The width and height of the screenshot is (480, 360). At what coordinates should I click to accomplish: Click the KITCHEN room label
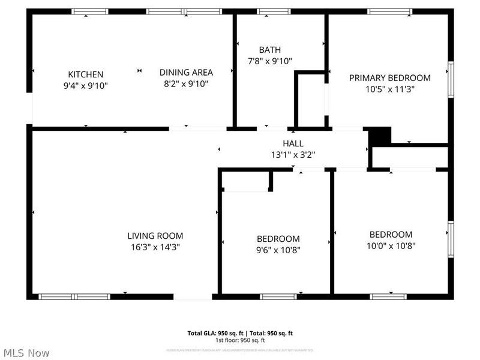click(x=85, y=74)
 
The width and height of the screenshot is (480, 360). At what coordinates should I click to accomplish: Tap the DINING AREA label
click(x=186, y=72)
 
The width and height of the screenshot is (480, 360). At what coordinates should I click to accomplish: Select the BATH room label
click(x=269, y=50)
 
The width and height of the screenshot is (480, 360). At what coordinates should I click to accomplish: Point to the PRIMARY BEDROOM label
click(x=390, y=77)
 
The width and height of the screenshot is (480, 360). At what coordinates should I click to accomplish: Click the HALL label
click(x=293, y=143)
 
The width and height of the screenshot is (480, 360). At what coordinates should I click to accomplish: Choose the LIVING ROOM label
click(x=155, y=236)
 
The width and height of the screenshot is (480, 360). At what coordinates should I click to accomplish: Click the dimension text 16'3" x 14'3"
click(x=155, y=247)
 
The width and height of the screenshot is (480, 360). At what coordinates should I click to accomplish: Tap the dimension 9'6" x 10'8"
click(x=278, y=250)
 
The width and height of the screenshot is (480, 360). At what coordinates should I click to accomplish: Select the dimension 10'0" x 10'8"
click(x=391, y=245)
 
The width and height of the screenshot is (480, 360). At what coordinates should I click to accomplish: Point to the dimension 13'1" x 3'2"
click(x=293, y=154)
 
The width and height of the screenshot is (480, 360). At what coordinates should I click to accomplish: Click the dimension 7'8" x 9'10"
click(x=269, y=61)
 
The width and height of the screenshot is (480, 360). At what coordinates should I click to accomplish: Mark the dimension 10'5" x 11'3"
click(x=390, y=89)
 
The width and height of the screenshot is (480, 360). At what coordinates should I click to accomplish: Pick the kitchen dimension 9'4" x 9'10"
click(x=85, y=85)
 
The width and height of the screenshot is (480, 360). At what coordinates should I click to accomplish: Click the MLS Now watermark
click(x=25, y=353)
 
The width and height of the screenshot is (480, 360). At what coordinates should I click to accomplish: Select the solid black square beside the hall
click(x=379, y=136)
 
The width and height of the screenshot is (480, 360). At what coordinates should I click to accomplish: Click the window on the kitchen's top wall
click(x=90, y=11)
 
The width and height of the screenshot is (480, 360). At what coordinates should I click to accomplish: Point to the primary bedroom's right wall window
click(x=450, y=78)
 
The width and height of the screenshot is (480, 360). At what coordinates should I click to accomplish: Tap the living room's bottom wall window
click(x=74, y=296)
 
